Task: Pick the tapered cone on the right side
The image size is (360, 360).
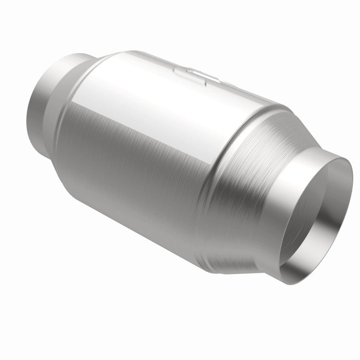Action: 252,171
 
